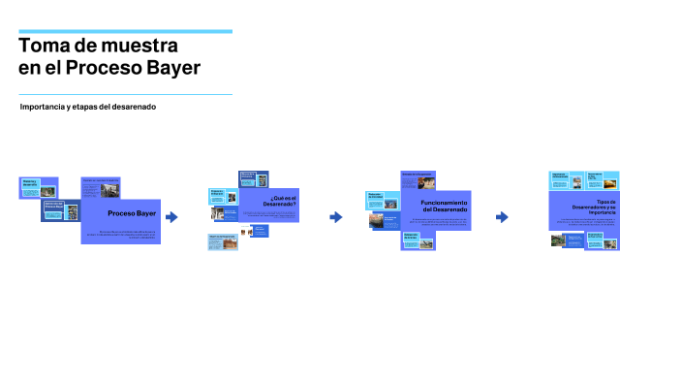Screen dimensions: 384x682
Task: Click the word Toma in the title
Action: (43, 46)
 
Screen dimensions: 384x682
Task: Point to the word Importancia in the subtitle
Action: (45, 107)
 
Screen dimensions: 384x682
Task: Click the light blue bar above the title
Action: (125, 31)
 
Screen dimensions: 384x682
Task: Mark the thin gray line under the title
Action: (125, 94)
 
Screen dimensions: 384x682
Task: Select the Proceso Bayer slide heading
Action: (132, 213)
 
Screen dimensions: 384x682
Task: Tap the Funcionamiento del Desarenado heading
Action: (444, 207)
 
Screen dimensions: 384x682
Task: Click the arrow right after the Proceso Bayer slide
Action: (172, 217)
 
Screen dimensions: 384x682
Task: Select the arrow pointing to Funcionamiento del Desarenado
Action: (336, 217)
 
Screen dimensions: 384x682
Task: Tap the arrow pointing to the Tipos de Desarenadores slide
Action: (502, 217)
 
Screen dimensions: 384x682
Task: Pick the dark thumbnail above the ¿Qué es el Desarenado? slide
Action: (254, 179)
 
